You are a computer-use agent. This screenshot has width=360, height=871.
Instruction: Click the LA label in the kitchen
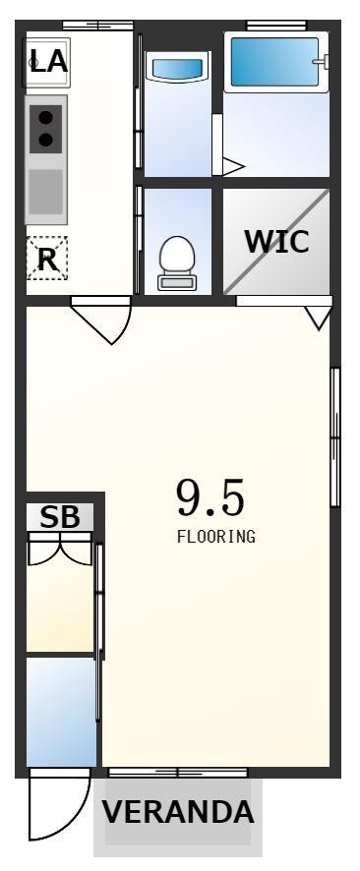48,61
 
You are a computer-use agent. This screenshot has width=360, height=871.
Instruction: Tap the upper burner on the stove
45,118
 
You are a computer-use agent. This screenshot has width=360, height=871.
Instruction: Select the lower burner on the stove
45,140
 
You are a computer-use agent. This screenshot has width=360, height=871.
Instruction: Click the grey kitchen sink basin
45,192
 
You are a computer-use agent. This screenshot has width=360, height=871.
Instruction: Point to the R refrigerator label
47,259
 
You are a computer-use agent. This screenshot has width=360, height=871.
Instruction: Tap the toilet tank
176,282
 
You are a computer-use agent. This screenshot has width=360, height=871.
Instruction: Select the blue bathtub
276,61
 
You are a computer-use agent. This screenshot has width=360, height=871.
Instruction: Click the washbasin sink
177,70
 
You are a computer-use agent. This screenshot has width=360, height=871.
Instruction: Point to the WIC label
276,241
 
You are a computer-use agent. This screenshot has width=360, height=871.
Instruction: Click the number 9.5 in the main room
210,497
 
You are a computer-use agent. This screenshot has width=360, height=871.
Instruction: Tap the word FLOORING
216,537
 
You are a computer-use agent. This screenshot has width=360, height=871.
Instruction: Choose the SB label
59,517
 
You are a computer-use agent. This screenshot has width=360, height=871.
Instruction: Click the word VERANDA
178,812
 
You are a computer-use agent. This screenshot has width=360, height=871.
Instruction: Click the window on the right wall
335,436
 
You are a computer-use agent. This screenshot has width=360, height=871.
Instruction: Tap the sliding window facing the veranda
178,772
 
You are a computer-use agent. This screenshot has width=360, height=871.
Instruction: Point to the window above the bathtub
276,25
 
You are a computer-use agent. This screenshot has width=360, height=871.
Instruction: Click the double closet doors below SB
59,550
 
